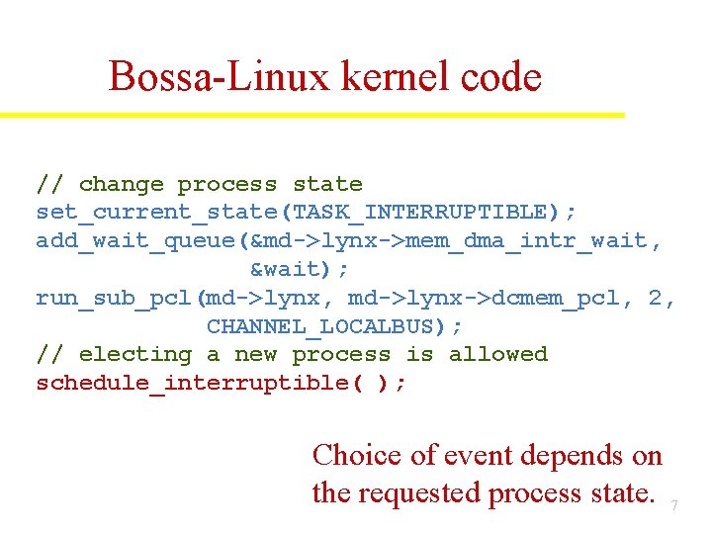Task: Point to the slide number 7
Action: pyautogui.click(x=674, y=506)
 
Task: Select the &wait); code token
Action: pyautogui.click(x=299, y=269)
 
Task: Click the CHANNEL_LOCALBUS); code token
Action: pyautogui.click(x=334, y=325)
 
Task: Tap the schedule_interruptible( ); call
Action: pyautogui.click(x=221, y=383)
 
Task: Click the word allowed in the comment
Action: pyautogui.click(x=498, y=354)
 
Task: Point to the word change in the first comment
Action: pyautogui.click(x=121, y=185)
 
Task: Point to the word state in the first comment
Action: pyautogui.click(x=327, y=185)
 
